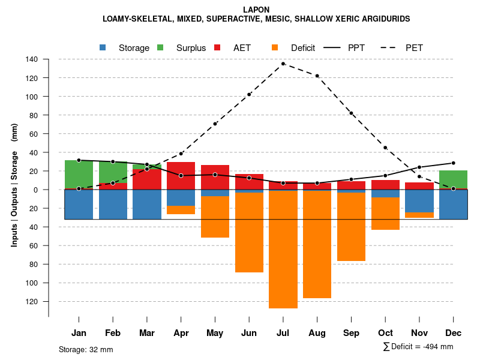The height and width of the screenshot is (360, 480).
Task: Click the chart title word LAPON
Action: [256, 10]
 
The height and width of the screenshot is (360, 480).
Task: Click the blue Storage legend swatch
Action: [103, 47]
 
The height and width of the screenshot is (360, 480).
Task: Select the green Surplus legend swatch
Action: [160, 47]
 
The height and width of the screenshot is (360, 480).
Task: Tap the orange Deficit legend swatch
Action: [275, 47]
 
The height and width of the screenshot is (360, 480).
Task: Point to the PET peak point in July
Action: [283, 64]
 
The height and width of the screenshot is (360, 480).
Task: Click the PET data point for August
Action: [317, 76]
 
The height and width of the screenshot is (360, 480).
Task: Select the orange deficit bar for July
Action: [283, 249]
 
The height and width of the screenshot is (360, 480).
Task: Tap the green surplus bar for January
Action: [79, 175]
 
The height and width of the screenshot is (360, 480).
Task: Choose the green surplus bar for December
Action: [453, 179]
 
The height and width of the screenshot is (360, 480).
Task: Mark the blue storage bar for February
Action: [113, 205]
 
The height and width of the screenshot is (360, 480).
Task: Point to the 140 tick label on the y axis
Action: [32, 59]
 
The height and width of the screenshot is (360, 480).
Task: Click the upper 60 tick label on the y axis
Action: [34, 134]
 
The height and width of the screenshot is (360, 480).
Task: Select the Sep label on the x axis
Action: [351, 333]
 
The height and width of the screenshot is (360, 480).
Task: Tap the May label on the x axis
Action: [215, 333]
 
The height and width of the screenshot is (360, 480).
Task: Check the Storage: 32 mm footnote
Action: [86, 349]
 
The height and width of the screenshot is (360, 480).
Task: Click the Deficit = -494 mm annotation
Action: [418, 347]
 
